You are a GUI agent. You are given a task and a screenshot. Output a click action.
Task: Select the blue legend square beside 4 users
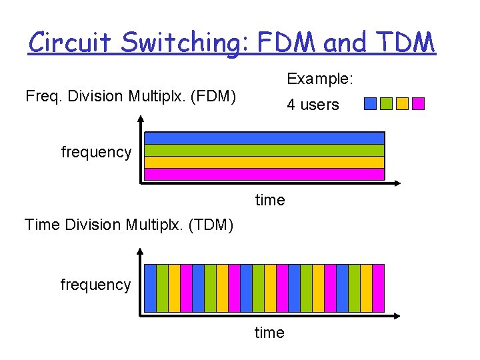370,103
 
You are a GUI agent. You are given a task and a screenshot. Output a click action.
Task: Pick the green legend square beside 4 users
386,103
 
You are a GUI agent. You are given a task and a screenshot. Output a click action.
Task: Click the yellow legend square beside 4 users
402,103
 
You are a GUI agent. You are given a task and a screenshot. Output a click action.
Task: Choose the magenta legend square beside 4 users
418,103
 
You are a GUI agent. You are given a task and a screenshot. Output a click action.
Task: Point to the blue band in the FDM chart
265,138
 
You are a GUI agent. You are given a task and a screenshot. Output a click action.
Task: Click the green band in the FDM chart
265,150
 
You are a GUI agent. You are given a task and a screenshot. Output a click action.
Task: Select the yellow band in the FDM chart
265,162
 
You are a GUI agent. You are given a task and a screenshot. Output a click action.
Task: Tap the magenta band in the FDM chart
265,174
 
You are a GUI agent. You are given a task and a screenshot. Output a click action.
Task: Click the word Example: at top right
320,79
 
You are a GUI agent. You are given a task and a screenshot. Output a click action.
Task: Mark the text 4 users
313,105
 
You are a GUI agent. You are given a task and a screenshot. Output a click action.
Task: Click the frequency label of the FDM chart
96,152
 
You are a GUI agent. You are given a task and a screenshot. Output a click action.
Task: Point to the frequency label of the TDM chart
95,285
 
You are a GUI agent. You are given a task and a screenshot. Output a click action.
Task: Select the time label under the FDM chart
270,200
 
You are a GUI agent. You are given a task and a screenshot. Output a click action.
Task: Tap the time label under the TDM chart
269,333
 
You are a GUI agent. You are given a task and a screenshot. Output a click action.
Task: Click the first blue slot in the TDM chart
151,288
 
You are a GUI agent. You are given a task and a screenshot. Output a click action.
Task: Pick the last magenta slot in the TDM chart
379,288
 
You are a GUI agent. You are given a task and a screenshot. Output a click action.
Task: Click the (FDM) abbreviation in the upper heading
213,96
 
